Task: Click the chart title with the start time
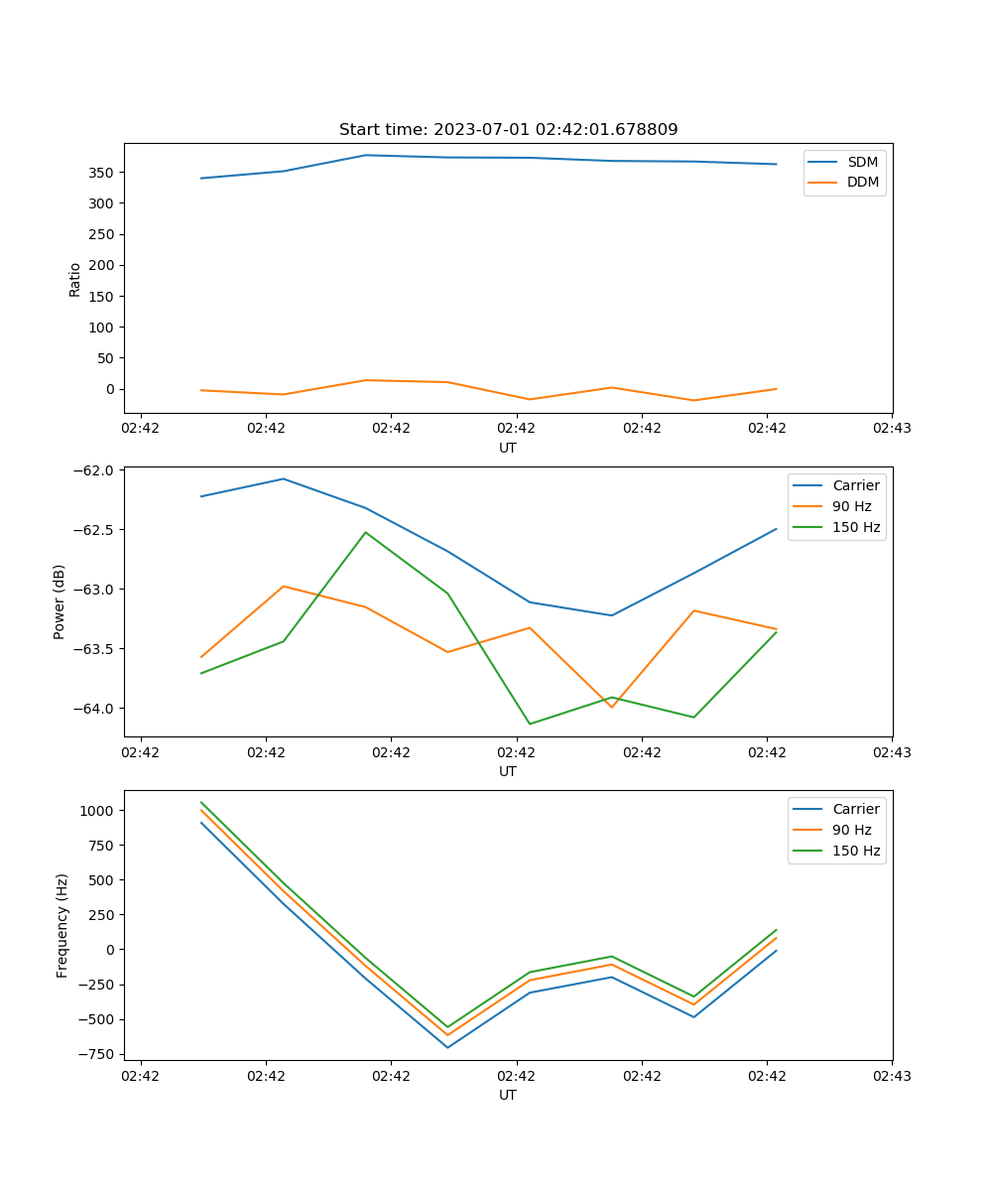508,130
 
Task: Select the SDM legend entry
862,162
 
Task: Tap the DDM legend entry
862,183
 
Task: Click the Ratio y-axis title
75,279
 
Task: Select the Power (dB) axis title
60,601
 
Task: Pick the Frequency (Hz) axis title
62,925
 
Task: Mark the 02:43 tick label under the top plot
892,429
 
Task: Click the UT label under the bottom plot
508,1096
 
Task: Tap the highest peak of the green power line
365,532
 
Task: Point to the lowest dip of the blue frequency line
447,1047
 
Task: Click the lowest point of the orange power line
611,707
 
